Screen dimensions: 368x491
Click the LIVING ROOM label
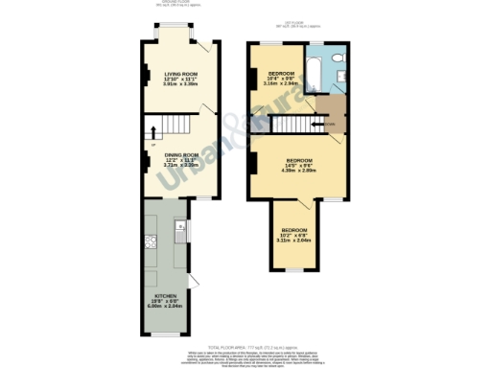pyautogui.click(x=179, y=73)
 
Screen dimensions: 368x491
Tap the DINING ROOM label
pyautogui.click(x=179, y=154)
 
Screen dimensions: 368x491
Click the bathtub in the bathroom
pyautogui.click(x=313, y=71)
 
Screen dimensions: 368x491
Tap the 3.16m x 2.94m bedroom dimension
pyautogui.click(x=281, y=83)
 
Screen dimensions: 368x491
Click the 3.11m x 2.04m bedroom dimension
pyautogui.click(x=293, y=240)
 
